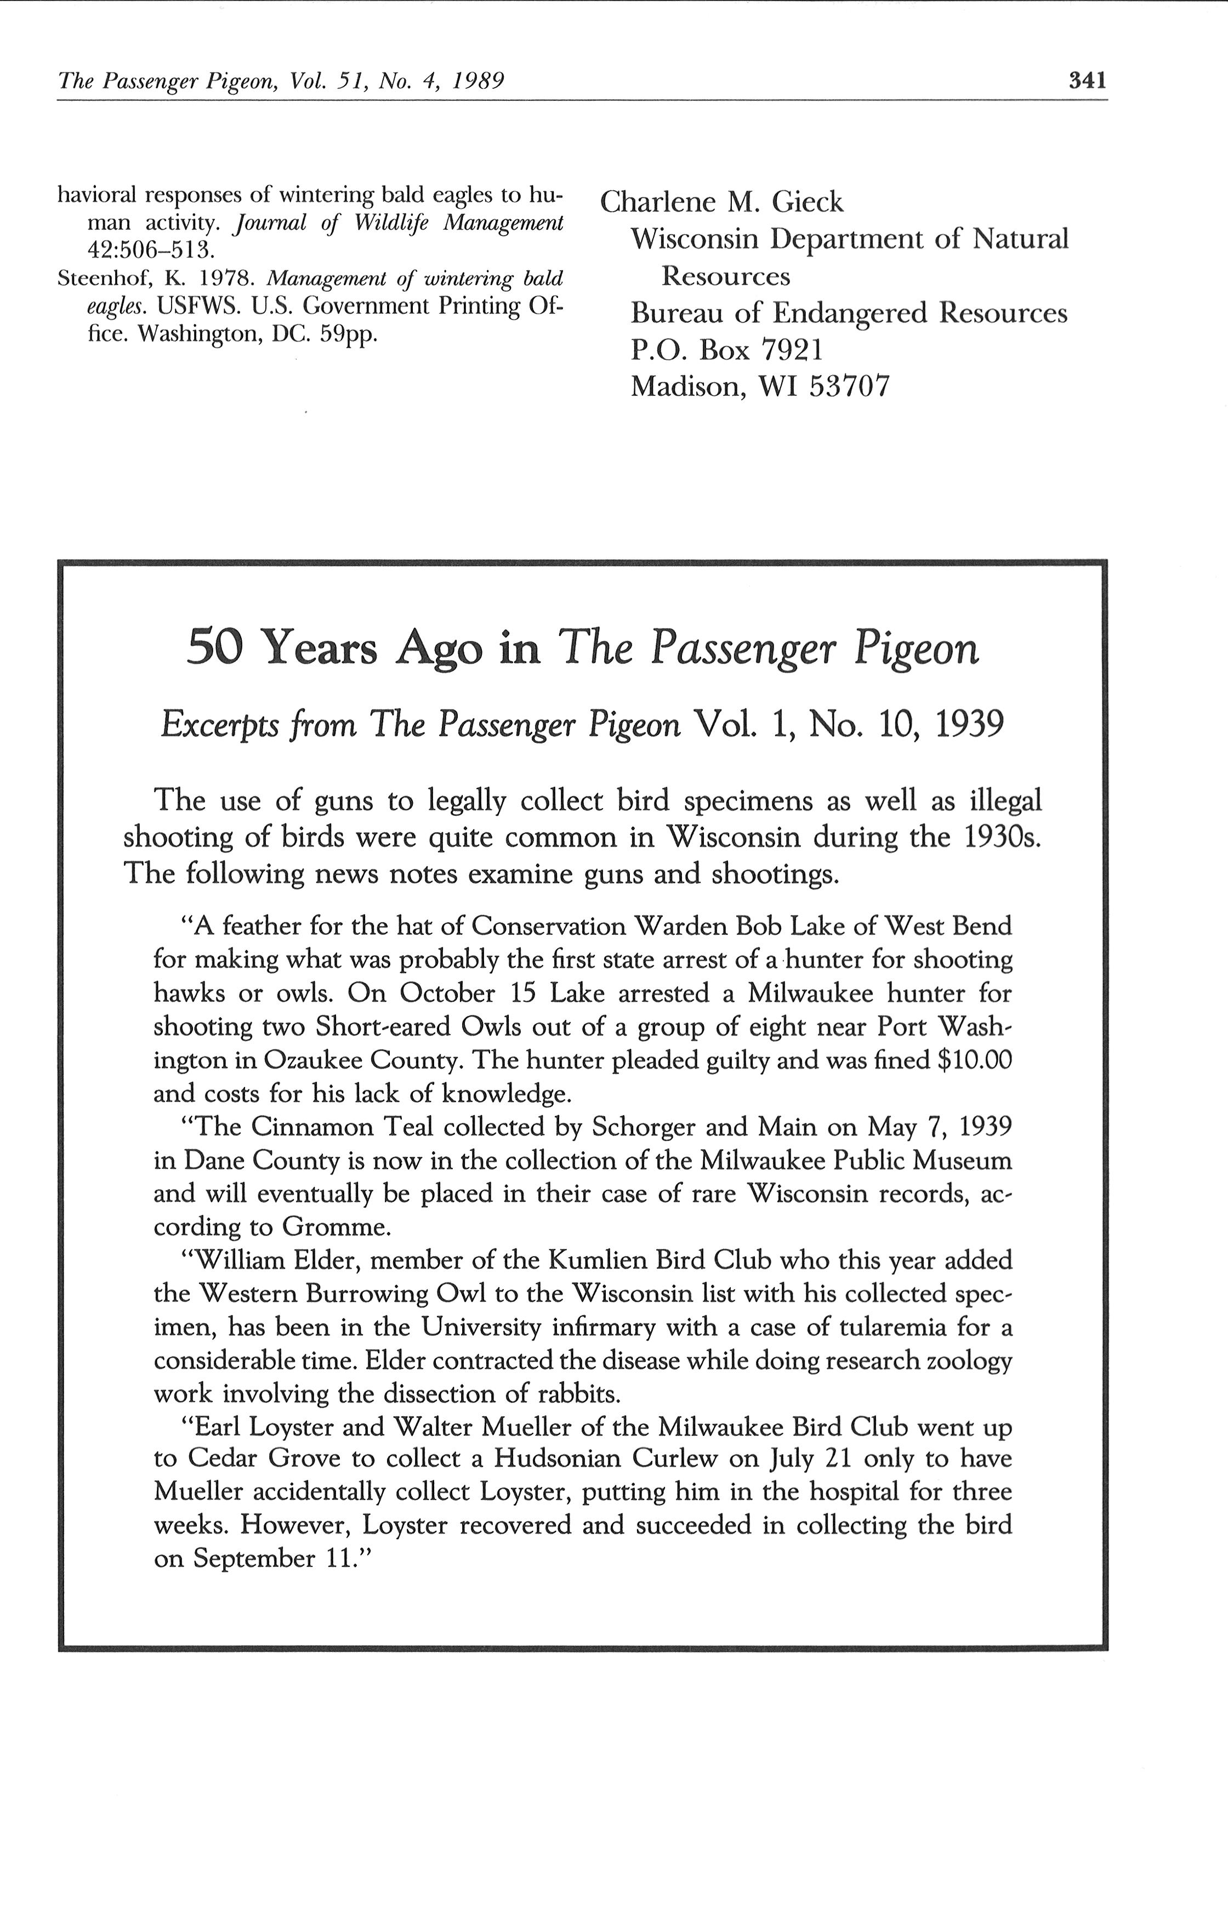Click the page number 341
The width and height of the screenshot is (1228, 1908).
(1088, 81)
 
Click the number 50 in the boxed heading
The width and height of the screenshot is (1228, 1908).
(214, 648)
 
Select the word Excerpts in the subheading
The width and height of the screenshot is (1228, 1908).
(211, 725)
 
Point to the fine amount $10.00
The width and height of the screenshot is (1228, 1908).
(975, 1060)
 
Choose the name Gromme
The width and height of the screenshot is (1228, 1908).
(335, 1226)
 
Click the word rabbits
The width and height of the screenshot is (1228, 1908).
(574, 1394)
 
